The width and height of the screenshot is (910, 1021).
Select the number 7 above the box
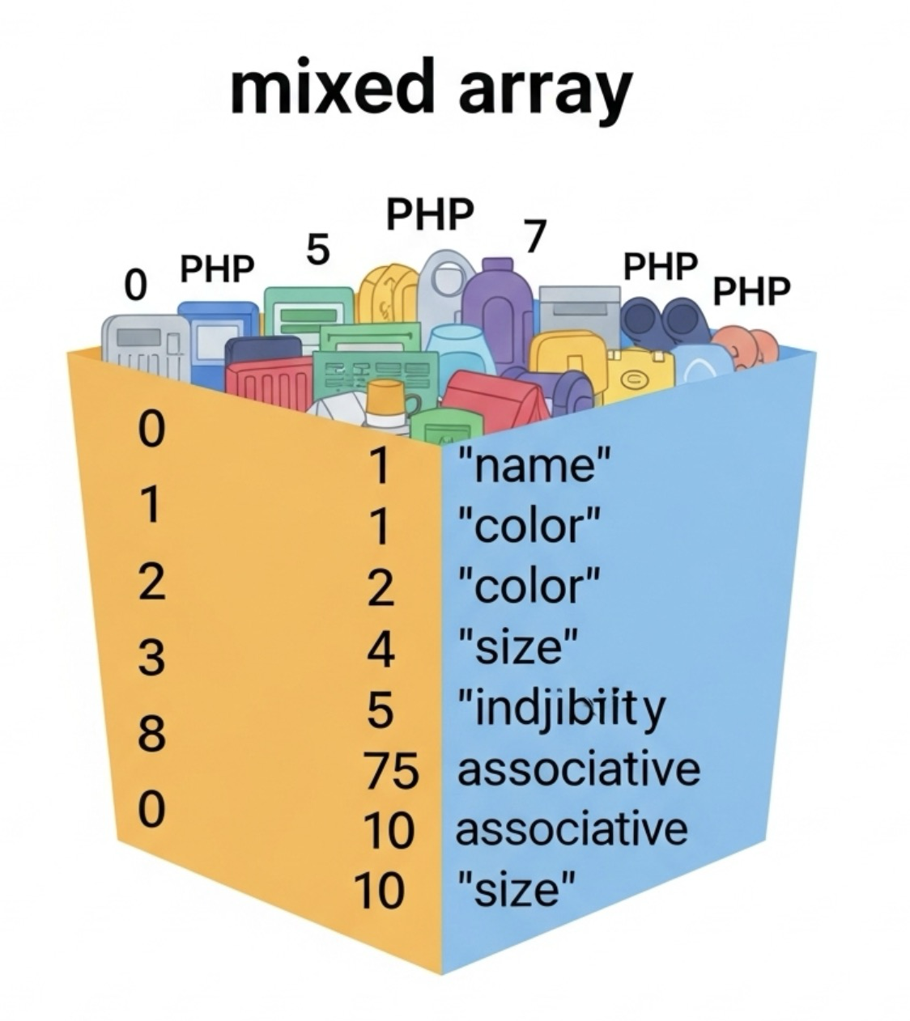click(x=534, y=236)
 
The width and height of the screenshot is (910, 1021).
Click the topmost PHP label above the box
click(x=429, y=215)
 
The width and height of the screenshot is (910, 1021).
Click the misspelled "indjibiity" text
click(x=562, y=708)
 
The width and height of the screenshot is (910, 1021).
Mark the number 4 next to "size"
click(x=381, y=650)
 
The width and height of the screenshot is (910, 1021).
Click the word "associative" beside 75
click(x=578, y=769)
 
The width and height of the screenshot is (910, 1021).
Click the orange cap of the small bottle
click(x=385, y=396)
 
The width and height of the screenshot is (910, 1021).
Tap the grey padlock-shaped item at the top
click(x=444, y=283)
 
